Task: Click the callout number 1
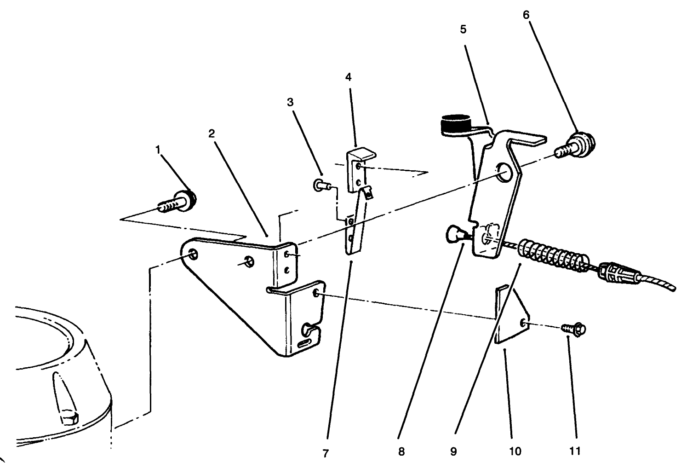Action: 158,150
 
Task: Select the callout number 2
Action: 212,133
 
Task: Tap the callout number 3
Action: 290,103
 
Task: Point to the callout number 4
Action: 349,77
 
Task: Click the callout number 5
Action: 463,29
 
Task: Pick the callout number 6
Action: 526,15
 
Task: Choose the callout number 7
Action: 326,454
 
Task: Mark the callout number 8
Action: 401,452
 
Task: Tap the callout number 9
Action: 453,452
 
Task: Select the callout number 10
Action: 515,452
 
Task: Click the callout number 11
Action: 575,451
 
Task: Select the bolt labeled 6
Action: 575,145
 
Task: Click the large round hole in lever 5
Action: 504,173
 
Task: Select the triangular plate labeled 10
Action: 512,315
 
